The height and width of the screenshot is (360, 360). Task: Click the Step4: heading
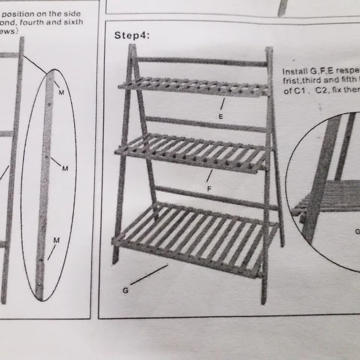pos(132,36)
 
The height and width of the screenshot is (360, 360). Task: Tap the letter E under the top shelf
pos(221,117)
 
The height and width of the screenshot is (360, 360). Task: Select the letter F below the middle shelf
pos(210,189)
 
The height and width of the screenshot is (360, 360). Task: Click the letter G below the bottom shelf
pos(126,290)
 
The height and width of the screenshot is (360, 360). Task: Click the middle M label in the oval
pos(65,169)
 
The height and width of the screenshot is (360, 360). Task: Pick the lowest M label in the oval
pos(56,240)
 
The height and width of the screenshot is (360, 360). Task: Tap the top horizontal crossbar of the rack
pos(202,61)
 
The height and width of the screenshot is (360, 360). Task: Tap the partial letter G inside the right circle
pos(357,231)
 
